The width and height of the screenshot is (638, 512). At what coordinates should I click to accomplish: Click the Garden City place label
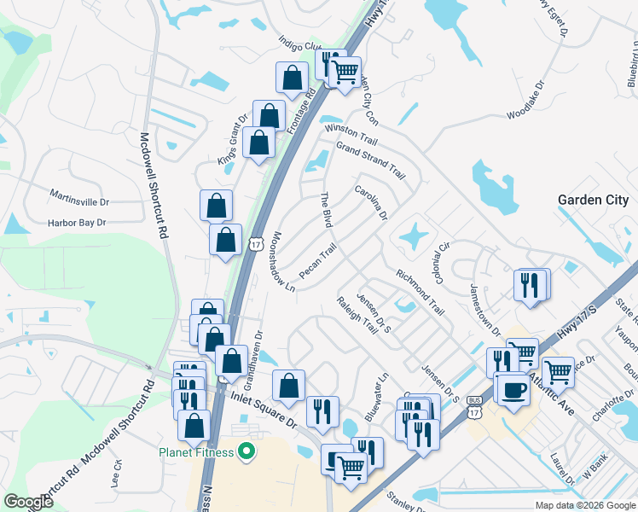tap(592, 200)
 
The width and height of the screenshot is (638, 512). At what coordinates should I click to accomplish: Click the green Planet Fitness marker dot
tap(248, 451)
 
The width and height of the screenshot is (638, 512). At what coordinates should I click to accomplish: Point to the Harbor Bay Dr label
tap(76, 223)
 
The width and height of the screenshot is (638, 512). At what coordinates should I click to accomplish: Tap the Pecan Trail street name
tap(318, 262)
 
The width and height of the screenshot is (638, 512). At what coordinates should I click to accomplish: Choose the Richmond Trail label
tap(420, 293)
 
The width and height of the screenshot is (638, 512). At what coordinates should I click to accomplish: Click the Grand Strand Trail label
tap(370, 159)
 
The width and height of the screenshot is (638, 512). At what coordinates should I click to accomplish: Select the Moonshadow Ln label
tap(283, 261)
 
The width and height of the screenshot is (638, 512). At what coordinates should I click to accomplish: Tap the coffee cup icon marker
tap(512, 389)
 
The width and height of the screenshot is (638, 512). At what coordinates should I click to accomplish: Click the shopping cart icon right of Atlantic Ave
tap(558, 371)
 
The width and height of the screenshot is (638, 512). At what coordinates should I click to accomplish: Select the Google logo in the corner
tap(29, 502)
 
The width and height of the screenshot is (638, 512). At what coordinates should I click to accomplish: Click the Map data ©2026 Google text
tap(584, 505)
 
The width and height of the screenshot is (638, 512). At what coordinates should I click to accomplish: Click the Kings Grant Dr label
tap(225, 144)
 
